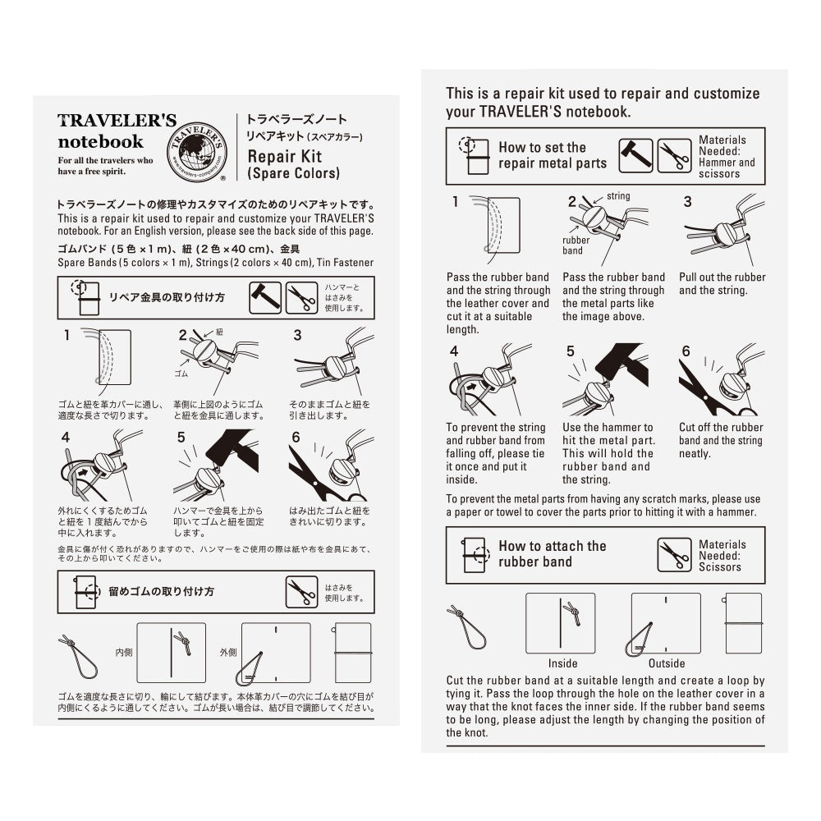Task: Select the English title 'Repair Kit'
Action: click(x=283, y=156)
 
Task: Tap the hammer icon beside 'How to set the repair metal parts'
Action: click(x=635, y=155)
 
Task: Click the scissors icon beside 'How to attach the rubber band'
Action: click(x=674, y=555)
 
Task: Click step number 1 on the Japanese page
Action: click(x=67, y=335)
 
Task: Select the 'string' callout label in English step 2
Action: click(x=618, y=197)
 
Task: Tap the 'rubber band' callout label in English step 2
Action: click(x=576, y=245)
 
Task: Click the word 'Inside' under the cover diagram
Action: click(x=562, y=663)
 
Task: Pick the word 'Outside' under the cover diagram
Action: click(x=667, y=663)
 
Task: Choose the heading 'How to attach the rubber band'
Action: click(x=552, y=554)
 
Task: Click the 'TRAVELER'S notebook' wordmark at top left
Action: click(x=100, y=131)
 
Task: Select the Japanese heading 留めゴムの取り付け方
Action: click(x=161, y=592)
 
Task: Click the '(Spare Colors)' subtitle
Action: click(x=293, y=173)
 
